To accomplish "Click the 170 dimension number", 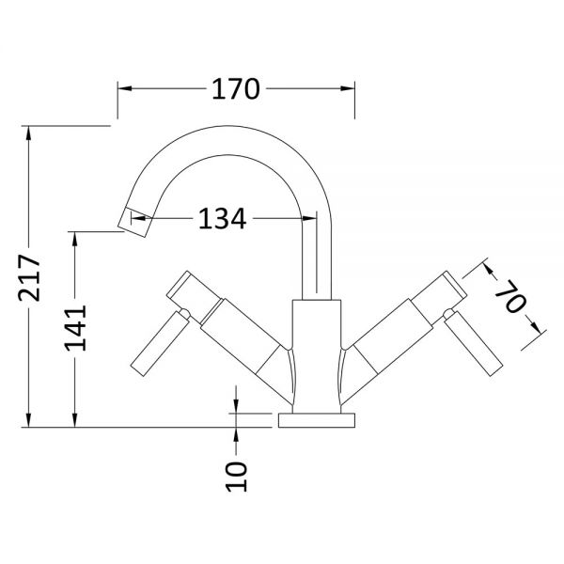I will (234, 89).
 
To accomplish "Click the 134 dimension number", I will (222, 220).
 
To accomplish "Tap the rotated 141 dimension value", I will (77, 326).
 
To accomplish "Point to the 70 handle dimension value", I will (510, 302).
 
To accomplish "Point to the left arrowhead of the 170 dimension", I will (122, 89).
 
